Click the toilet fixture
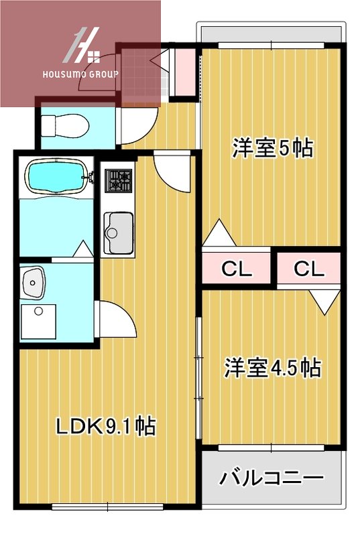[62, 125]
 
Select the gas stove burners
[119, 179]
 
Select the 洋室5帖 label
[272, 148]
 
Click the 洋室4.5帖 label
[272, 368]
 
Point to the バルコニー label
[272, 478]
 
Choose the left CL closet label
[236, 269]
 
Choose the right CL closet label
[309, 269]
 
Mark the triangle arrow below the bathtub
[82, 249]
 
